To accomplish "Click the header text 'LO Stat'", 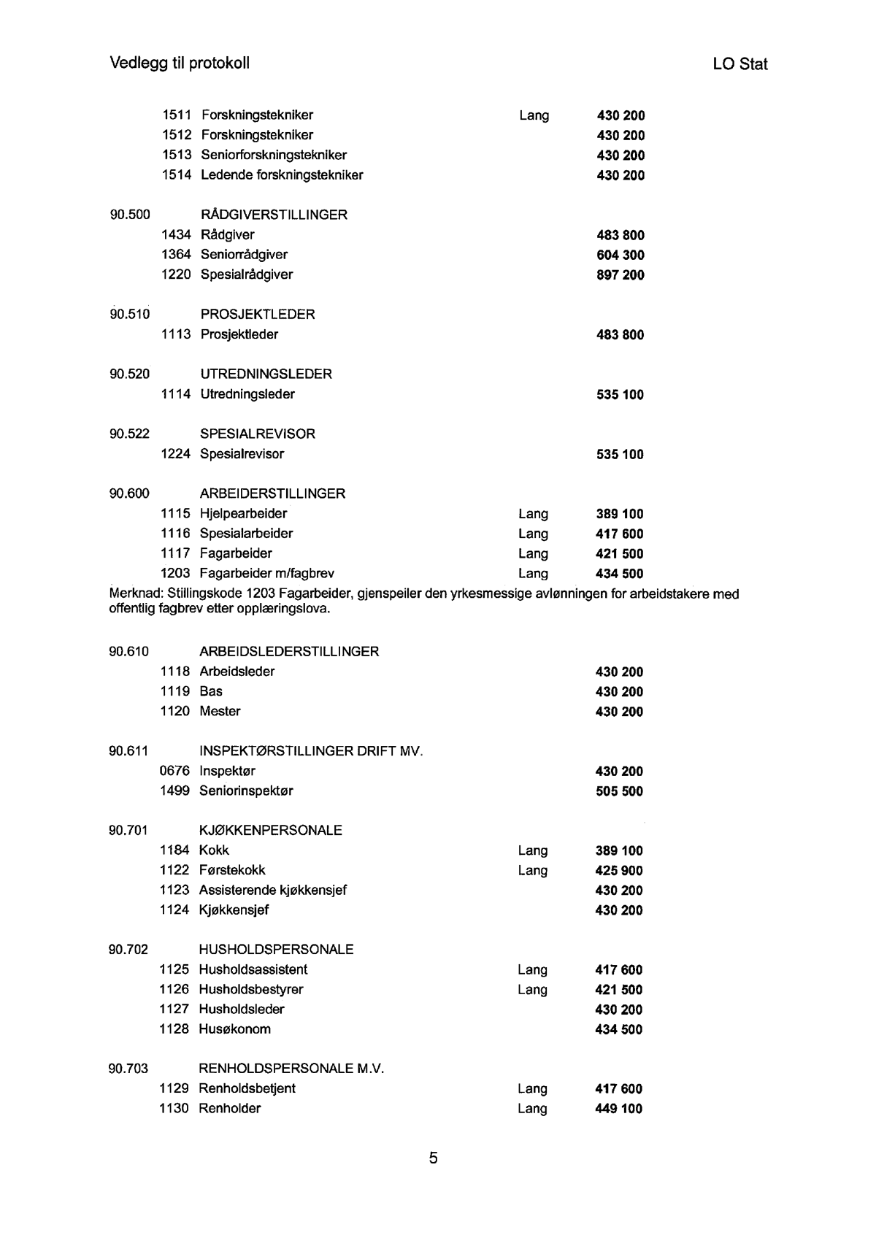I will [x=739, y=64].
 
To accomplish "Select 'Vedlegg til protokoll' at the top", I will [x=180, y=63].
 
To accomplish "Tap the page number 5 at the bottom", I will [x=433, y=1158].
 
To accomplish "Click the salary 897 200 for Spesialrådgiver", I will [x=620, y=275].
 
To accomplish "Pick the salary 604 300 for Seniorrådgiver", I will [x=620, y=255].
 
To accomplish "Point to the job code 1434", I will [x=176, y=235].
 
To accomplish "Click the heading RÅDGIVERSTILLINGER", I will [x=274, y=215].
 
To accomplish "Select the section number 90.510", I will [x=130, y=315].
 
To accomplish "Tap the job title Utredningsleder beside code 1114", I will [x=247, y=394].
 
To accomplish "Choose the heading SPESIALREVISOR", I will [x=258, y=434].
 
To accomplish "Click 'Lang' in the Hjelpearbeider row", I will [x=533, y=514].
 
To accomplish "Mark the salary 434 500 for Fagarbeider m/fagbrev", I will [x=620, y=574].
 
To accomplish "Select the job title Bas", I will [x=211, y=691].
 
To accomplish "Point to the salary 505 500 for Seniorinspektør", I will [x=619, y=791].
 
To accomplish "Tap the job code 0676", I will [x=174, y=771].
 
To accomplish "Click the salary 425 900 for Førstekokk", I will [x=619, y=871].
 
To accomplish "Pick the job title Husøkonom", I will [x=234, y=1029].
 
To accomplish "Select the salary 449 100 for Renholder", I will [x=619, y=1109].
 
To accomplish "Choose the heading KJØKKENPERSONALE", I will [x=270, y=830].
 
